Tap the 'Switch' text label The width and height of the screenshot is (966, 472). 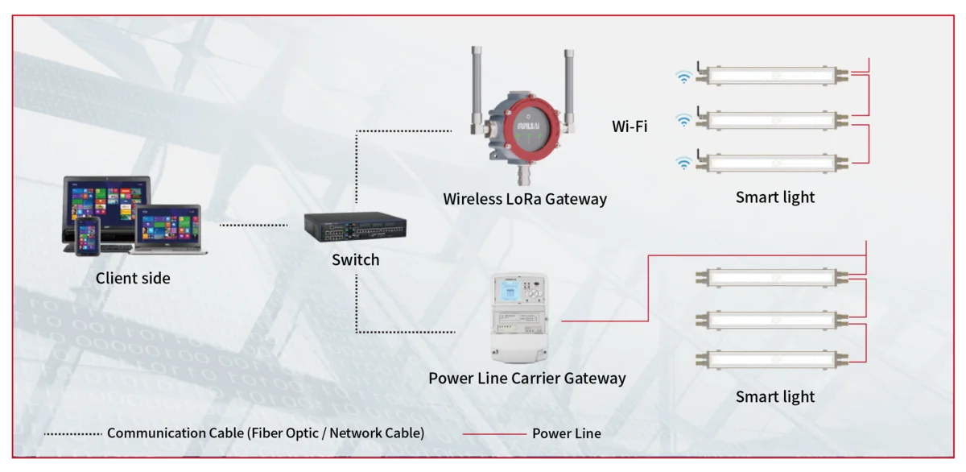pos(355,260)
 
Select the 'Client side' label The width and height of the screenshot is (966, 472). pos(133,279)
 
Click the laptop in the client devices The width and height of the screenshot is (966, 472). pos(168,229)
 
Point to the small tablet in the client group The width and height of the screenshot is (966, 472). pos(86,236)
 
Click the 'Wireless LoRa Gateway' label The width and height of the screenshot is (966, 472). pos(525,199)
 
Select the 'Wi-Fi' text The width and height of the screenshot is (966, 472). pos(630,126)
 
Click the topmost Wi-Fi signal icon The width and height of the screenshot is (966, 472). pos(683,77)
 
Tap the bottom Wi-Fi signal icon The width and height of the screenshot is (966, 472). pos(683,164)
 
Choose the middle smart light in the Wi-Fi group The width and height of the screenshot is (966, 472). pos(772,120)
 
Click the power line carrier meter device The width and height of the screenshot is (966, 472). pos(518,317)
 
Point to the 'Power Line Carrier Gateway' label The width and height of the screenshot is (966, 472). pos(526,378)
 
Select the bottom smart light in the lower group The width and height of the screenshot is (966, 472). pos(772,359)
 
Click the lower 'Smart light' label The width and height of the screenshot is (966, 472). pos(775,397)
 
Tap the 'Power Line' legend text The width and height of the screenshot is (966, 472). pos(566,433)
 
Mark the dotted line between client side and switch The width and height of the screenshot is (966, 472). pos(253,226)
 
